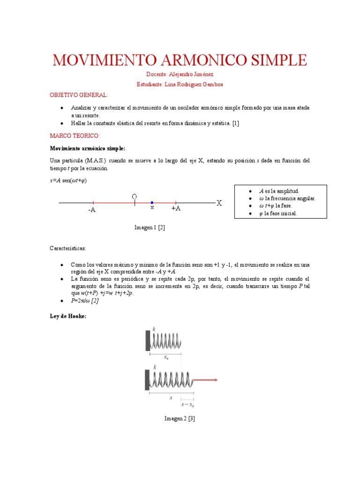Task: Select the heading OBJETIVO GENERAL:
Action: tap(79, 95)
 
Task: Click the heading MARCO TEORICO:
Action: tap(75, 135)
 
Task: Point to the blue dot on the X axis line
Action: tap(152, 203)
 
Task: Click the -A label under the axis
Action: tap(91, 210)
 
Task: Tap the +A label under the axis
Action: tap(176, 208)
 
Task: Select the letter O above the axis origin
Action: tap(135, 196)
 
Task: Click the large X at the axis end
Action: tap(219, 203)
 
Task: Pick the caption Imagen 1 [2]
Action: tap(150, 227)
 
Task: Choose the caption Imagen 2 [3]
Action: tap(180, 419)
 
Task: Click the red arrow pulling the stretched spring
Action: tap(206, 380)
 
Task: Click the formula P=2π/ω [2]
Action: tap(84, 301)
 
